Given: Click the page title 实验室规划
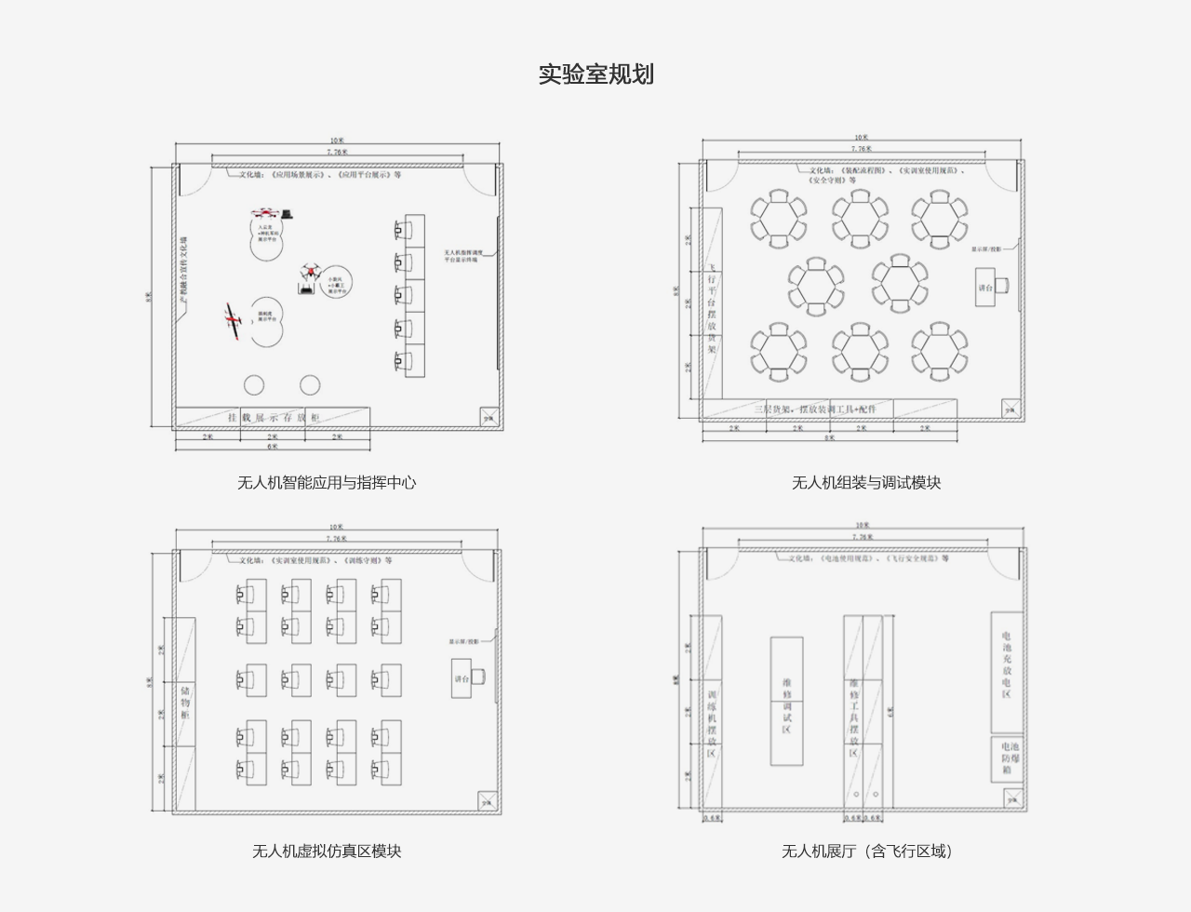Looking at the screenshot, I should click(595, 74).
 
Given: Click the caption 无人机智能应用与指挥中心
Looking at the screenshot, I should click(327, 482).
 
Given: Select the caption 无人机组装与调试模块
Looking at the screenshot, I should click(866, 482).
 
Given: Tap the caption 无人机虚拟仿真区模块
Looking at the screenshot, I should click(327, 851).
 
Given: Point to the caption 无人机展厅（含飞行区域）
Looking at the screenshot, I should click(866, 851).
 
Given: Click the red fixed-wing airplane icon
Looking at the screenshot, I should click(234, 320).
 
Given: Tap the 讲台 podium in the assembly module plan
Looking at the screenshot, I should click(986, 288).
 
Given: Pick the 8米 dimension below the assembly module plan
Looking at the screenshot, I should click(829, 437).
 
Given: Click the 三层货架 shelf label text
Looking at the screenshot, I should click(815, 409).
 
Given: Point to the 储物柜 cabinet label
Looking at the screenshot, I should click(185, 704).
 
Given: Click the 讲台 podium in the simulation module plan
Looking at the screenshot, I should click(463, 678).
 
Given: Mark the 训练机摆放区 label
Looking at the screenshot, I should click(712, 724).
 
